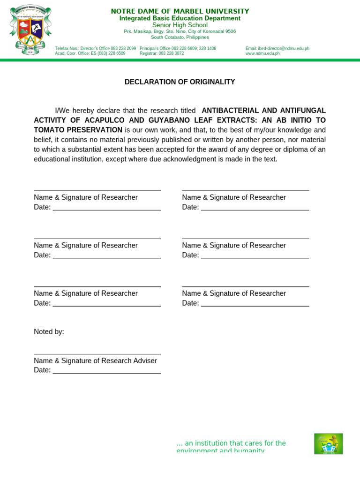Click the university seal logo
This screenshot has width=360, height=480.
(x=30, y=30)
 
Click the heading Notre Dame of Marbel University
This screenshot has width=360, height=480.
(x=180, y=11)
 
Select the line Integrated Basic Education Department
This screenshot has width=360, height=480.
(x=180, y=18)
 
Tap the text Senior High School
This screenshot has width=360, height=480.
(x=180, y=25)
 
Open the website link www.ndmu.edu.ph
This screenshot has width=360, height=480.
(x=262, y=53)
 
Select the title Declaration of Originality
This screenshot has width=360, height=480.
(x=180, y=82)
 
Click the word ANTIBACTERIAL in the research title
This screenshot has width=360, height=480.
(x=229, y=111)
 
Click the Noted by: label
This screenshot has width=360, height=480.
(x=49, y=332)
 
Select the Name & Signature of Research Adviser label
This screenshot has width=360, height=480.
(x=95, y=360)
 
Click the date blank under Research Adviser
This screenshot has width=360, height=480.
(x=106, y=370)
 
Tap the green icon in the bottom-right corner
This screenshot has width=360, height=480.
(x=328, y=443)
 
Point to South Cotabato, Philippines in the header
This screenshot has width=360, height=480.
(x=180, y=37)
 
